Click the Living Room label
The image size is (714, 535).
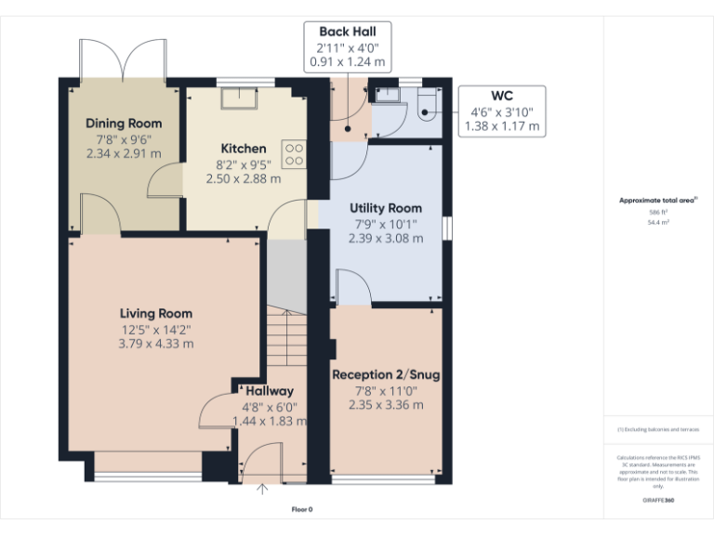(x=155, y=314)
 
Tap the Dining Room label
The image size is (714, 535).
(x=124, y=124)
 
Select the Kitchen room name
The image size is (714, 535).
(x=244, y=149)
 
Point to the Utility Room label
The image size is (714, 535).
(x=385, y=208)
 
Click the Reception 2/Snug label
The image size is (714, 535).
(x=386, y=375)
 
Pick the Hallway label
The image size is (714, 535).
(x=270, y=391)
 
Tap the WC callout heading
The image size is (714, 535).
(x=502, y=96)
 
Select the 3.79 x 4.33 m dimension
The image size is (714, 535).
(x=155, y=343)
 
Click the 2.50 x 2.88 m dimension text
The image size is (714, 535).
(x=244, y=178)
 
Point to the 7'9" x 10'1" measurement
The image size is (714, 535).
(x=385, y=223)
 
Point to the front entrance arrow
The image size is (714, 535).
(x=261, y=489)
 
